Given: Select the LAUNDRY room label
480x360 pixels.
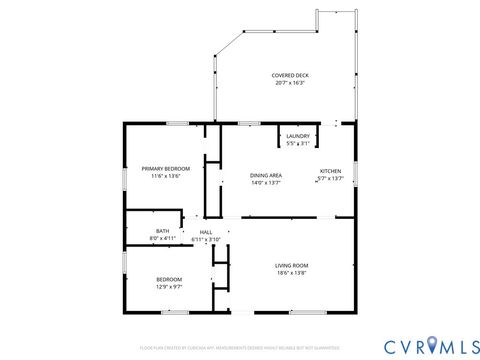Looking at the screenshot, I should coord(297,136).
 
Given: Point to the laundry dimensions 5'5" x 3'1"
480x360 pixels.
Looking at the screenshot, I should coord(297,143).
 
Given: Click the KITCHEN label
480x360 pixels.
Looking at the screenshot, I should coord(331,171).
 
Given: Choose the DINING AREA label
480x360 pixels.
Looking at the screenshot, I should coord(265,176).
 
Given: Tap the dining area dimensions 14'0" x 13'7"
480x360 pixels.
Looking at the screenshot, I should coord(265,183).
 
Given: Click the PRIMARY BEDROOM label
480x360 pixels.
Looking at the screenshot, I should coord(165,169).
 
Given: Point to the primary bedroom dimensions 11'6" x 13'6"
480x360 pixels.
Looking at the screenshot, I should coord(165,176).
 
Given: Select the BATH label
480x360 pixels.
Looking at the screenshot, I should coord(162,231).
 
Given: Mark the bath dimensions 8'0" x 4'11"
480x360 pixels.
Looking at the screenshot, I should coord(162,238).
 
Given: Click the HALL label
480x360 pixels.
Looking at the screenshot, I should coord(205,232).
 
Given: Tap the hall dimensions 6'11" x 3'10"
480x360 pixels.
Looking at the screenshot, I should coord(205,239).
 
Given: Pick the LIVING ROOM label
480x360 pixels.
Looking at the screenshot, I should coord(291,265).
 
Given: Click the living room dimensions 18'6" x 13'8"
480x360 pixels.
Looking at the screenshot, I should coord(291,272).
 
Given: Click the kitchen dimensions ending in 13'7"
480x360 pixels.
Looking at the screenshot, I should coord(331,178).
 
